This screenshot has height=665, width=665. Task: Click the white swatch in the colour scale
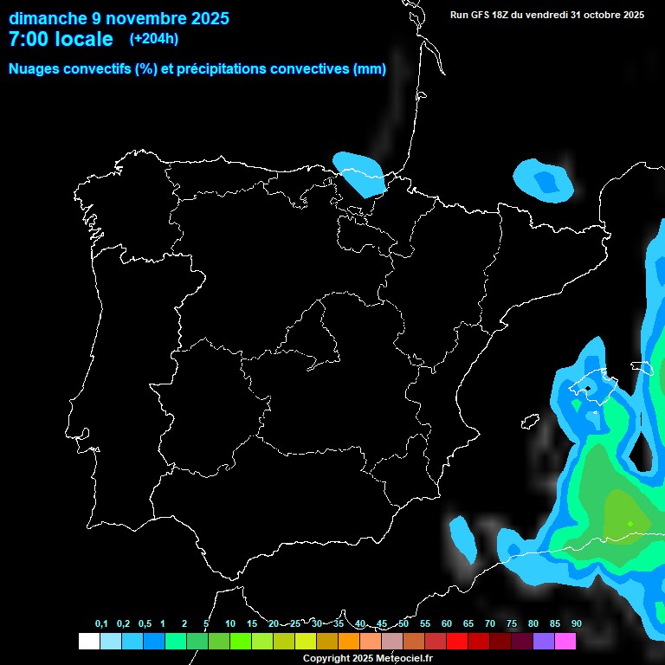pos(88,641)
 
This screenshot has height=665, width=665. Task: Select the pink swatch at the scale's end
pos(565,641)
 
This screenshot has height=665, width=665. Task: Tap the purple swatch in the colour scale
pos(544,641)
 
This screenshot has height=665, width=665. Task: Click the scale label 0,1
pos(101,623)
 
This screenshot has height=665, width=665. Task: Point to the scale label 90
pos(576,623)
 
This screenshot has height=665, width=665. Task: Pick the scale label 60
pos(447,623)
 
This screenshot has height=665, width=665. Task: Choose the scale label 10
pos(230,623)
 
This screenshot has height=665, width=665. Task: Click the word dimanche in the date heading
pos(48,18)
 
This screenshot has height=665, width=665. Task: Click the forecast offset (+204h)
pos(153,39)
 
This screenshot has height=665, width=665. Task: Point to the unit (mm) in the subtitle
pos(370,69)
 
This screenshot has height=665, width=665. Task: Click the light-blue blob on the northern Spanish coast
pos(359,171)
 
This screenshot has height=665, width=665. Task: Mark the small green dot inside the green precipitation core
pos(630,523)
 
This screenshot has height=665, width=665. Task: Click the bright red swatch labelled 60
pos(457,641)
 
